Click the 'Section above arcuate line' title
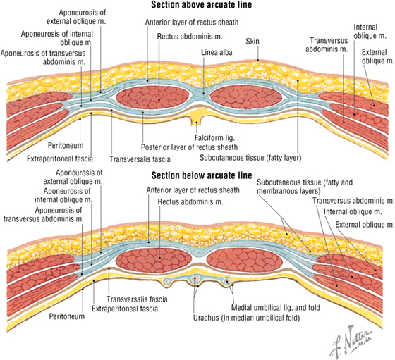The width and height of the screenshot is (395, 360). point(201,5)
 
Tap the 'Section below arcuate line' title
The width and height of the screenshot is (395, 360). point(202,175)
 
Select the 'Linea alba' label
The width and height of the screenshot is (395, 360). point(217,52)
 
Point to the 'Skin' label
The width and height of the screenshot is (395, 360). point(253,42)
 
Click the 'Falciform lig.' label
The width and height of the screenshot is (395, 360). point(214,138)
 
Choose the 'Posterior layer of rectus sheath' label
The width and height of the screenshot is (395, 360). point(189,147)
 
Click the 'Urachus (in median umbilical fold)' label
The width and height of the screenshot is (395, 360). point(246,318)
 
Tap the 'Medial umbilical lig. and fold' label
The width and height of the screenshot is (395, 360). point(276,308)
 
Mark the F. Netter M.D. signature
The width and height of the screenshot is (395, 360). point(351,342)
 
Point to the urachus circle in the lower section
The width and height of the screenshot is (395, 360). point(195,279)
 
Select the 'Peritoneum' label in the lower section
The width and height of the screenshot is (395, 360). point(67,316)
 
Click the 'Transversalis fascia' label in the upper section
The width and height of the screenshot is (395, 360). point(140,159)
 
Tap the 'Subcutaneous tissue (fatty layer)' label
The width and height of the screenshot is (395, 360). point(250,158)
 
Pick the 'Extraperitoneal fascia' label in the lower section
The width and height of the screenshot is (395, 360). point(125,309)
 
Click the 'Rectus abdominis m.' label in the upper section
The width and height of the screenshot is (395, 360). point(190,37)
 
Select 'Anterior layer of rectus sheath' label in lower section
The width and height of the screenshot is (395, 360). point(193,190)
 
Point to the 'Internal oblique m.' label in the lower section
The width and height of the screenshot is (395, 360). point(353,212)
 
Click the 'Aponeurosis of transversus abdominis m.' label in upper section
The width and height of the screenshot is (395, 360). point(43,57)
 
